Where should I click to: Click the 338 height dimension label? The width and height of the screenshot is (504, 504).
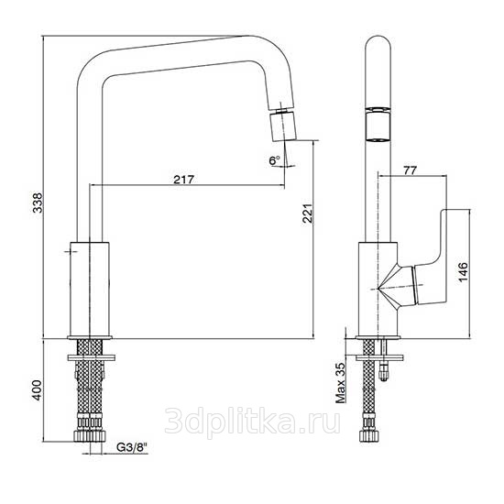38,203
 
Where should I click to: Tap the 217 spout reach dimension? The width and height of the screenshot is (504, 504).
184,179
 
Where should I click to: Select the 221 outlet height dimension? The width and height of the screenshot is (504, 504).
308,214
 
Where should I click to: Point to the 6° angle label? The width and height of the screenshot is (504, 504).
275,159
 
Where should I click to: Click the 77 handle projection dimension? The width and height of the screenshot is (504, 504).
411,170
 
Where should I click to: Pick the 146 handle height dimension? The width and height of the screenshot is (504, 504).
463,272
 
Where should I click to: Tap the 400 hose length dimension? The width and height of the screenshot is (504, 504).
38,389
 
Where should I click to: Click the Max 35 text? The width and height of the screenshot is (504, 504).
340,383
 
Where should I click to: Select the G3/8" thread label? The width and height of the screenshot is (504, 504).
132,447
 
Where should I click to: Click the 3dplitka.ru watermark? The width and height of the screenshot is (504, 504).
252,422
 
